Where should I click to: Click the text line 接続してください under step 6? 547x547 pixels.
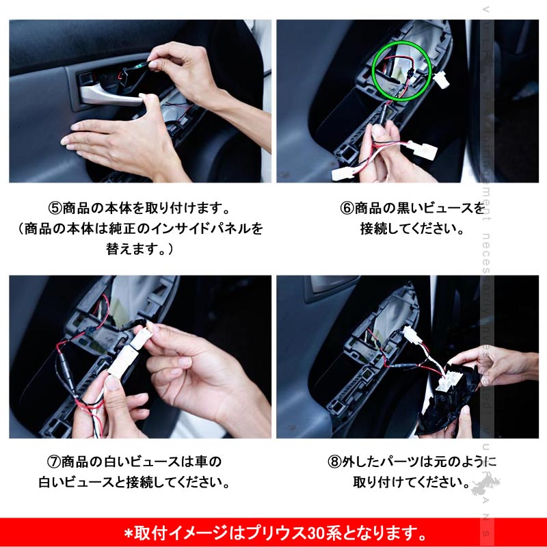[412, 228]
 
